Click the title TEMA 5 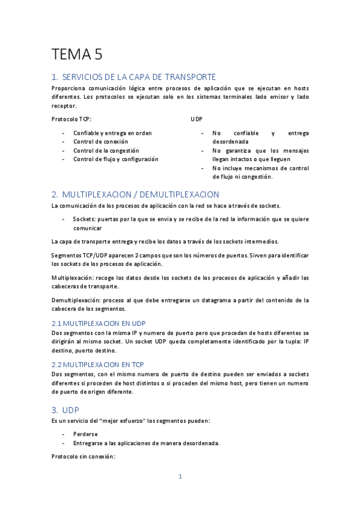(x=78, y=55)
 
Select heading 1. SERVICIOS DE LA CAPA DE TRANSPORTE (x=133, y=77)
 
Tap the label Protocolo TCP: (x=72, y=119)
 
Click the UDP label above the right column (x=197, y=119)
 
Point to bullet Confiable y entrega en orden (x=112, y=133)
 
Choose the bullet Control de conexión (x=100, y=141)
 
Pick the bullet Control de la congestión (x=106, y=150)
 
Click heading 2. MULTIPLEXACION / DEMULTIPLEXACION (x=135, y=194)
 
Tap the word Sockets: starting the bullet (x=85, y=219)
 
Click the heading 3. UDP (x=66, y=410)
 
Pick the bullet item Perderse (x=85, y=434)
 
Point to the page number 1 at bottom (x=180, y=477)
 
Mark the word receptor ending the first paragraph (x=64, y=105)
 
